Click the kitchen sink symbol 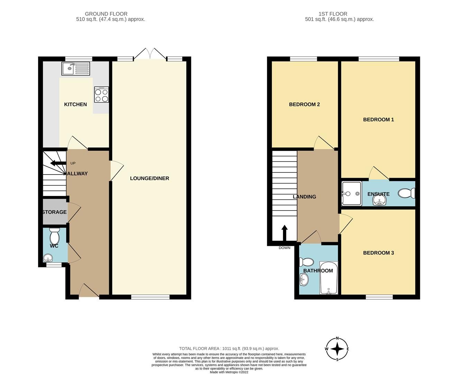pos(75,69)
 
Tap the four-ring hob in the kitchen pos(101,95)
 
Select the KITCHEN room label pos(75,104)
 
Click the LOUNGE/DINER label pos(149,178)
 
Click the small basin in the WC pos(48,258)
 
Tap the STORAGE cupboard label pos(54,212)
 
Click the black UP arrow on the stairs pos(57,163)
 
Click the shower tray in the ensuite pos(351,194)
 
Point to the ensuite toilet pos(407,193)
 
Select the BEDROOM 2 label pos(304,104)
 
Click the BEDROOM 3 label pos(378,253)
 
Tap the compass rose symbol pos(337,349)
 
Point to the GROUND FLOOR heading pos(106,14)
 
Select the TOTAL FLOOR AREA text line pos(229,348)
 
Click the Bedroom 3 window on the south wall pos(379,297)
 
